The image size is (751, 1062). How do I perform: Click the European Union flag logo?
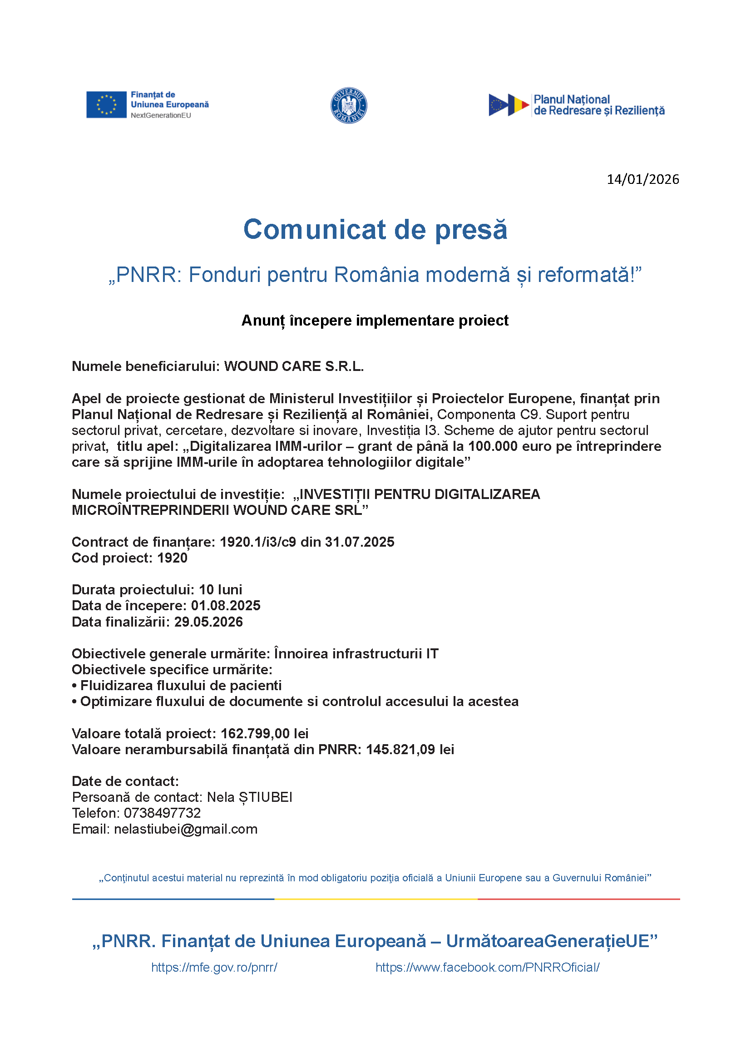[x=106, y=104]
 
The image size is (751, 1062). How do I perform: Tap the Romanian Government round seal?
[x=349, y=105]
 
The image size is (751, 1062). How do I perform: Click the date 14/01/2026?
[x=642, y=179]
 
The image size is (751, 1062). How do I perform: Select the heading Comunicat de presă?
[x=375, y=229]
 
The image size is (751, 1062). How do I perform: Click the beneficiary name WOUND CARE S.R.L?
[x=294, y=366]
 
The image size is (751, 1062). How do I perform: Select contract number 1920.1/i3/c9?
[x=257, y=542]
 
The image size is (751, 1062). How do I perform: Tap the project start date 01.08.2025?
[x=226, y=606]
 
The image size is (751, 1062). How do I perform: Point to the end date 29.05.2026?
[x=208, y=622]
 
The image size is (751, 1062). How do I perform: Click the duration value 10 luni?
[x=220, y=590]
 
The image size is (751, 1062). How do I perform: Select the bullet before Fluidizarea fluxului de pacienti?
[x=74, y=686]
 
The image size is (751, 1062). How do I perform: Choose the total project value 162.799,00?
[x=255, y=734]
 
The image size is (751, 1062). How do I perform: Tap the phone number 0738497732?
[x=162, y=813]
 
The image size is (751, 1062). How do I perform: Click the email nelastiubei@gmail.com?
[x=185, y=830]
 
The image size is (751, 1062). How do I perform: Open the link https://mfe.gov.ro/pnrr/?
[x=214, y=968]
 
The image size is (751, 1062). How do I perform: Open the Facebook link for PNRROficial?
[x=487, y=968]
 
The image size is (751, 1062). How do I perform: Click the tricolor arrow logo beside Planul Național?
[x=509, y=105]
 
